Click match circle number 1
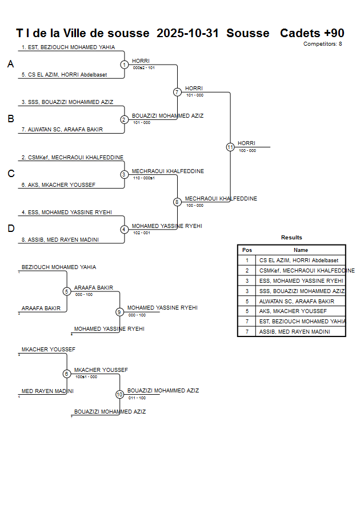[x=124, y=65]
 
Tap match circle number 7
[x=177, y=92]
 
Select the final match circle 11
[x=230, y=147]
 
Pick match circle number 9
[x=119, y=312]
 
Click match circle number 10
[x=119, y=394]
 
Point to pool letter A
[x=10, y=65]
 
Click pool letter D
[x=10, y=229]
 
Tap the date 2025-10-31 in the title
[x=187, y=33]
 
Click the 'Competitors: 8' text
[x=322, y=44]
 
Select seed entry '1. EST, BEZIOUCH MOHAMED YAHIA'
[x=68, y=47]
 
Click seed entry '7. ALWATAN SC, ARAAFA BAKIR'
[x=62, y=130]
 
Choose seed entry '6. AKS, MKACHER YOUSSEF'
[x=58, y=185]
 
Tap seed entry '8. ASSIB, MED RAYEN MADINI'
[x=60, y=240]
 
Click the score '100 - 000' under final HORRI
[x=247, y=151]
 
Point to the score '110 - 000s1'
[x=144, y=178]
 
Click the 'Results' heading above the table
[x=291, y=238]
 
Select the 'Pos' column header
[x=247, y=250]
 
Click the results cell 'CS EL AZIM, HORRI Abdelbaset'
[x=298, y=260]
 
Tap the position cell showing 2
[x=247, y=270]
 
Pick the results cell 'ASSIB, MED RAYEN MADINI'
[x=294, y=331]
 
